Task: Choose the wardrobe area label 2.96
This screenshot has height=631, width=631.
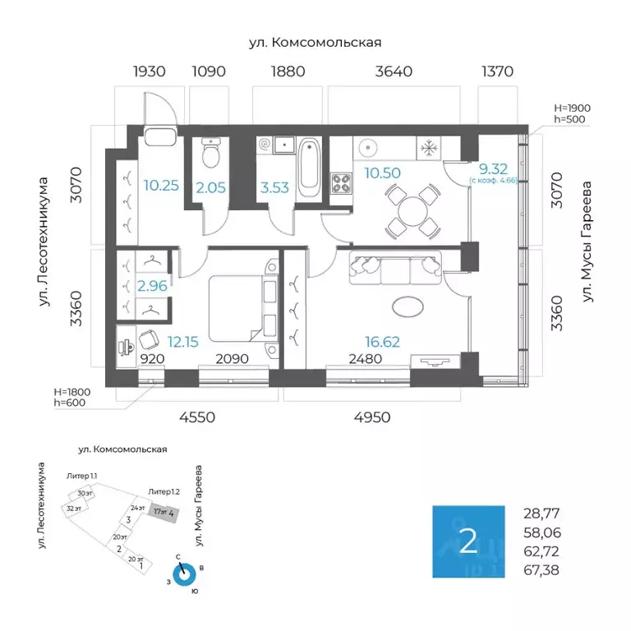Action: click(153, 287)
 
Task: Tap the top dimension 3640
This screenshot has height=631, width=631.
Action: click(393, 71)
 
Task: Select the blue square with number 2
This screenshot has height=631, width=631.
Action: click(468, 541)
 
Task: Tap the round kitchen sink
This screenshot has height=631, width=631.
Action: click(367, 149)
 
